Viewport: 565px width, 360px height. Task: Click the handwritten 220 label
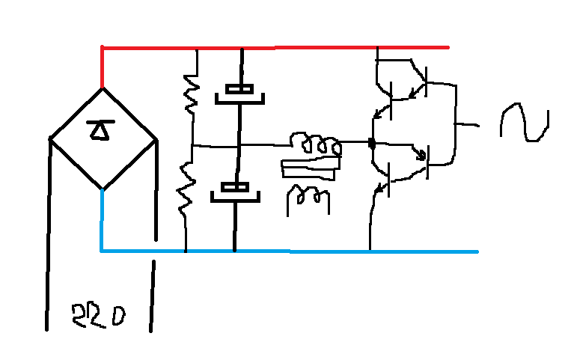98,316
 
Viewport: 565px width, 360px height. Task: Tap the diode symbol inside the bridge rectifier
100,130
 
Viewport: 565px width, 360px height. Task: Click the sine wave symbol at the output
525,122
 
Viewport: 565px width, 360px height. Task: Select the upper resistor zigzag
192,94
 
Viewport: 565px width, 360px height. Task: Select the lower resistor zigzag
186,190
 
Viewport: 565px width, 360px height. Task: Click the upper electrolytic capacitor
239,94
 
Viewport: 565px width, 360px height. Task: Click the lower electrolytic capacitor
235,192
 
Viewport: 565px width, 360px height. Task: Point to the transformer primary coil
316,144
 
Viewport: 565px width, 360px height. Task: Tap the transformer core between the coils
311,169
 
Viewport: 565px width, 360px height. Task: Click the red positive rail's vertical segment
103,67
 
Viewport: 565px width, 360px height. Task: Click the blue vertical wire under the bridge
102,220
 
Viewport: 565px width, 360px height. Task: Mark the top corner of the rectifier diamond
103,88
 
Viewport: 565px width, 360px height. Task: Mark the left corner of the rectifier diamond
50,138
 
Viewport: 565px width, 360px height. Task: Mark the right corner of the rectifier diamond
156,139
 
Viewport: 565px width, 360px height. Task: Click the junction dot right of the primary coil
372,144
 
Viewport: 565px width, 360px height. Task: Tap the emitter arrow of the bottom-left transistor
379,189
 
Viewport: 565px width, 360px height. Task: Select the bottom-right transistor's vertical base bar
428,162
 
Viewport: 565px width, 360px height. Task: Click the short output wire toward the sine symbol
468,125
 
